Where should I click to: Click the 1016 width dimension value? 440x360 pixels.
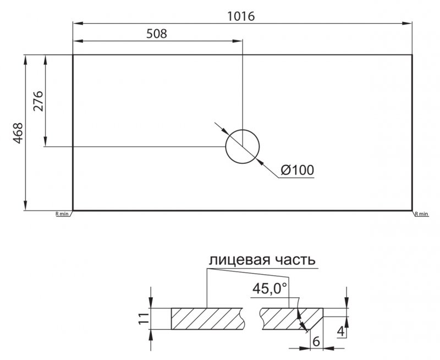tap(241, 16)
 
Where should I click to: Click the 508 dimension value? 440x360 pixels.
tap(157, 34)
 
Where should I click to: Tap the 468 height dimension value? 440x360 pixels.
tap(18, 133)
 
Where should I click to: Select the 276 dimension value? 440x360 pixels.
tap(38, 101)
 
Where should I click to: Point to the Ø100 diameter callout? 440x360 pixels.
tap(297, 170)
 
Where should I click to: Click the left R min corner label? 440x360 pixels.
tap(62, 214)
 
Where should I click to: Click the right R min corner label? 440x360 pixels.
tap(422, 214)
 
